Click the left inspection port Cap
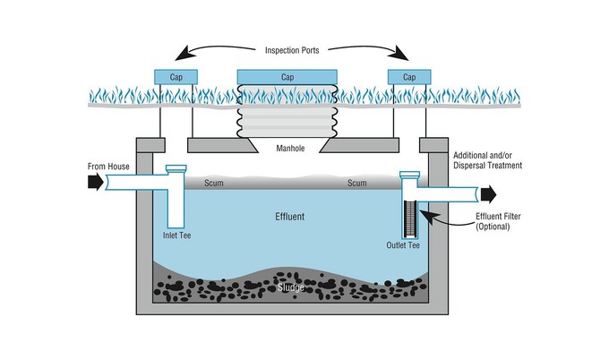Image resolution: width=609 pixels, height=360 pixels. click(x=176, y=77)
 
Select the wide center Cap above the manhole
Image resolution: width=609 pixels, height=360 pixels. click(x=287, y=77)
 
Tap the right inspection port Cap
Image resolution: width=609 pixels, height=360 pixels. click(x=409, y=77)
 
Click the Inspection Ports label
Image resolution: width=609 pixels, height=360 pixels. click(x=292, y=50)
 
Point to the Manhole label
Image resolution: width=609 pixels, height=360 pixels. click(x=290, y=148)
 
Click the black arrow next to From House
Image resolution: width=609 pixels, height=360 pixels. click(x=96, y=182)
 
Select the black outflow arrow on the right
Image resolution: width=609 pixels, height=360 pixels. click(x=489, y=194)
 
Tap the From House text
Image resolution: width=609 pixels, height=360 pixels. click(x=108, y=167)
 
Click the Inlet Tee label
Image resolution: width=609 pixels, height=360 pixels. click(x=176, y=235)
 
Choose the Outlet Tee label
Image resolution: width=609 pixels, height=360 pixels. click(x=403, y=245)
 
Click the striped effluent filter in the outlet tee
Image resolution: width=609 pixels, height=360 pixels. click(x=410, y=219)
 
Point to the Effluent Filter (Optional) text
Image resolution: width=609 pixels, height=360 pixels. click(x=498, y=221)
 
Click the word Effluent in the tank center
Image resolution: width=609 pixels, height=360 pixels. click(x=290, y=217)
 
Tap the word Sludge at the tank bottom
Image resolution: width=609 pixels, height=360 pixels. click(x=291, y=287)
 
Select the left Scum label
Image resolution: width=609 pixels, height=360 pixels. click(x=214, y=183)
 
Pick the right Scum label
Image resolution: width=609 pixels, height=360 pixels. click(x=357, y=183)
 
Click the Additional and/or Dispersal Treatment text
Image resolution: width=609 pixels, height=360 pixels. click(x=488, y=160)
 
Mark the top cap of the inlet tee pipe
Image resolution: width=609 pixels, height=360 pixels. click(x=176, y=168)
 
